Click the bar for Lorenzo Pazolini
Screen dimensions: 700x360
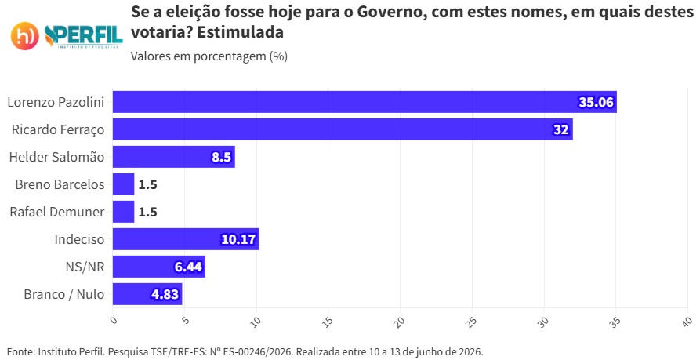(x=365, y=102)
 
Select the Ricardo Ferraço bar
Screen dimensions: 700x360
(x=343, y=129)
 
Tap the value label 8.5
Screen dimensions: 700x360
(x=221, y=157)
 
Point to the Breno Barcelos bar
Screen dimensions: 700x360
(x=123, y=184)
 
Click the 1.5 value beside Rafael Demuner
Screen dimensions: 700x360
(x=148, y=212)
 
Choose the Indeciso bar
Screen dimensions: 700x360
(x=186, y=239)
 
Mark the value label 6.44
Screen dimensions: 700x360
(x=188, y=267)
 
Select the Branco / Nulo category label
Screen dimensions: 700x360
(x=63, y=294)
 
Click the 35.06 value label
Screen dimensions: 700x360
(x=597, y=102)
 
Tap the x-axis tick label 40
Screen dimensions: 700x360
(x=687, y=322)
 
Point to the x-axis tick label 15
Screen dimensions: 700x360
(x=328, y=322)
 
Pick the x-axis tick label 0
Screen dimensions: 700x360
(x=114, y=320)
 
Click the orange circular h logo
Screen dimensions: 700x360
(x=24, y=36)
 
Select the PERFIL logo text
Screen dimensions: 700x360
(x=84, y=36)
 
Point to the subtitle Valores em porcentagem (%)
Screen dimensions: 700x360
(x=209, y=56)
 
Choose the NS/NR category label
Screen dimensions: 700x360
(x=85, y=267)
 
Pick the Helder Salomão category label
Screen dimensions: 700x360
(x=56, y=157)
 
